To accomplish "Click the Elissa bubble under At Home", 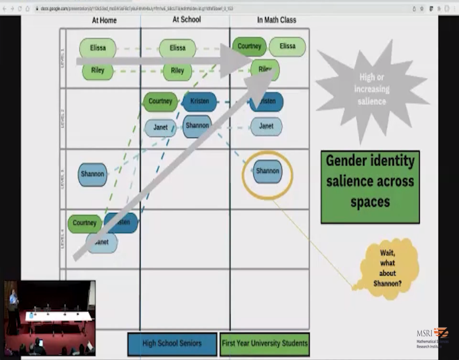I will tap(98, 48).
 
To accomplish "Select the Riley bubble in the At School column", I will tap(177, 71).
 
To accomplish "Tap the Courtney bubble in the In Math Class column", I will tap(249, 46).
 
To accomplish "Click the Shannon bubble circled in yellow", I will tap(268, 171).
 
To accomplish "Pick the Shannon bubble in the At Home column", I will tap(92, 174).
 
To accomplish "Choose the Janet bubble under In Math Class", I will tap(266, 126).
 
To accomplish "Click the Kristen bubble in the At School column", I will tap(199, 101).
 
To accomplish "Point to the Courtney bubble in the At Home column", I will tap(85, 223).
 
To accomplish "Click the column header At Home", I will tap(104, 20).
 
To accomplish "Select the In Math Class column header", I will tap(277, 20).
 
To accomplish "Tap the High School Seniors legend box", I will tap(172, 343).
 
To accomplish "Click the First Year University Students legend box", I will tap(265, 343).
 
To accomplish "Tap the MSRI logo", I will tap(432, 338).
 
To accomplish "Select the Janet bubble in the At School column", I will tap(161, 128).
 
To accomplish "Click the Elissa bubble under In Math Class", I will tap(288, 46).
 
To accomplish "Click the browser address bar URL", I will tap(135, 9).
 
